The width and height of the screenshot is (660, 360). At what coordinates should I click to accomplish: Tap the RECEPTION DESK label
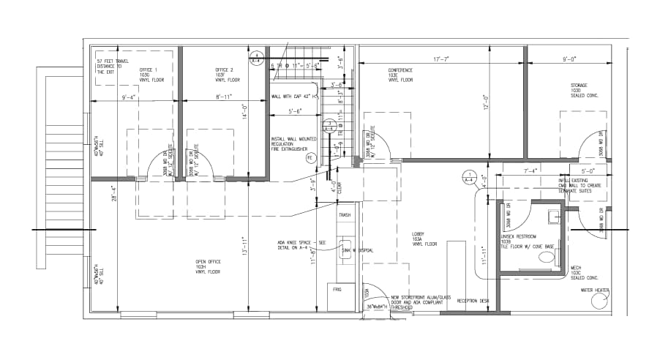[x=473, y=301]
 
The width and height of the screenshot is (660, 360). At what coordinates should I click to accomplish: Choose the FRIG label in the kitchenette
[x=337, y=290]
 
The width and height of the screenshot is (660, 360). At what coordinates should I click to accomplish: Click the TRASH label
[x=344, y=214]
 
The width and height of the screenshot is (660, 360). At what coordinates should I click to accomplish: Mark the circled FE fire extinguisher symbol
[x=310, y=157]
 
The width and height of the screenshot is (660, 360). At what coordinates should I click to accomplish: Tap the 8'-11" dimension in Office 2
[x=225, y=97]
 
